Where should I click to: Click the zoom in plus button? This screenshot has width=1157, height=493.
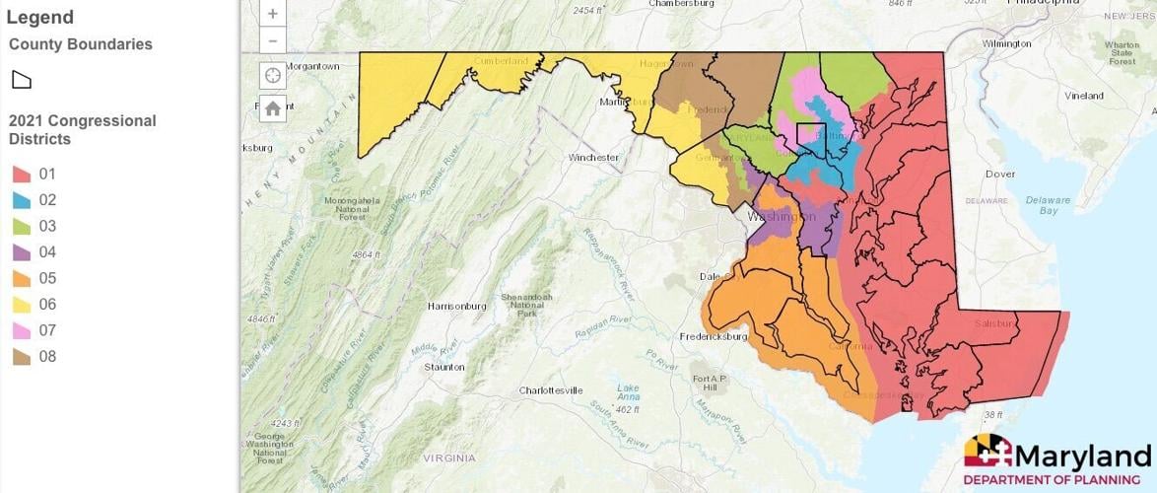[x=273, y=15]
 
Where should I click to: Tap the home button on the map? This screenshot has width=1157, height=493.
[x=273, y=108]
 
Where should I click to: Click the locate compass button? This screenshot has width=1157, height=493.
[x=273, y=76]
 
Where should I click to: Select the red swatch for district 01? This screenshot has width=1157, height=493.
[x=21, y=175]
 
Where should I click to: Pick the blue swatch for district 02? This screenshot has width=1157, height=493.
[x=21, y=200]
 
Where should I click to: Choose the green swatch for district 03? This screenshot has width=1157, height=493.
[x=21, y=227]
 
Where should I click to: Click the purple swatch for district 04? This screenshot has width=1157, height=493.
[x=21, y=252]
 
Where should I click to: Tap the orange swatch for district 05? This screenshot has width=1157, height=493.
[x=21, y=279]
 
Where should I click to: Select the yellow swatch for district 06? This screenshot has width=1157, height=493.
[x=21, y=305]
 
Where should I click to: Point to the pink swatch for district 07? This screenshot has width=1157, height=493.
[x=21, y=330]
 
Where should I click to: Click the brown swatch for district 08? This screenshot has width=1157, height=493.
[x=21, y=357]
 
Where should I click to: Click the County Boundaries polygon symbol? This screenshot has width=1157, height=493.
[x=21, y=79]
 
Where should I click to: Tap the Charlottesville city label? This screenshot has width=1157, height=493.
[x=551, y=390]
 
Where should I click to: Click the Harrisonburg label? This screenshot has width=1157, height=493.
[x=457, y=306]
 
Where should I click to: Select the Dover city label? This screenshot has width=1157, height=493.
[x=1000, y=174]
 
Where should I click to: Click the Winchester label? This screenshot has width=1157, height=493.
[x=593, y=157]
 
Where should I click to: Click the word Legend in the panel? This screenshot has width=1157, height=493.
[x=40, y=17]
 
